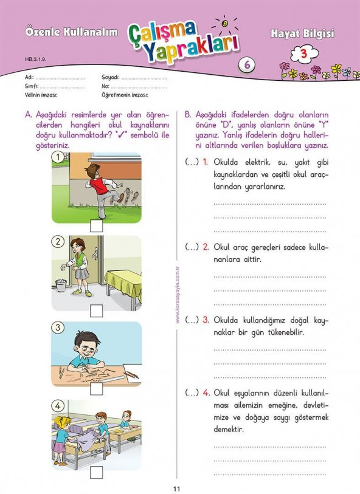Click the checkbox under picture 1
tap(96, 227)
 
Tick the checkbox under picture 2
tap(96, 311)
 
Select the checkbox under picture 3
tap(96, 389)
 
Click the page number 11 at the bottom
tap(177, 487)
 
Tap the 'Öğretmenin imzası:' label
tap(125, 95)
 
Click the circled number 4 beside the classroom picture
tap(58, 406)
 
